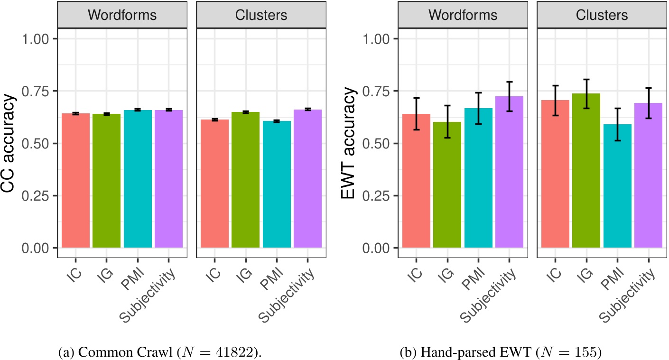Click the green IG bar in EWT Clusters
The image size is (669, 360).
(586, 171)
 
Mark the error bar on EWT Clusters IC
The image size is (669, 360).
(556, 100)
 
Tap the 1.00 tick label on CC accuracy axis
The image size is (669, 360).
(36, 38)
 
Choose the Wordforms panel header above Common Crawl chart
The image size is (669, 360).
(122, 15)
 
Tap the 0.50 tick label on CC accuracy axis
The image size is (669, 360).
(36, 143)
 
